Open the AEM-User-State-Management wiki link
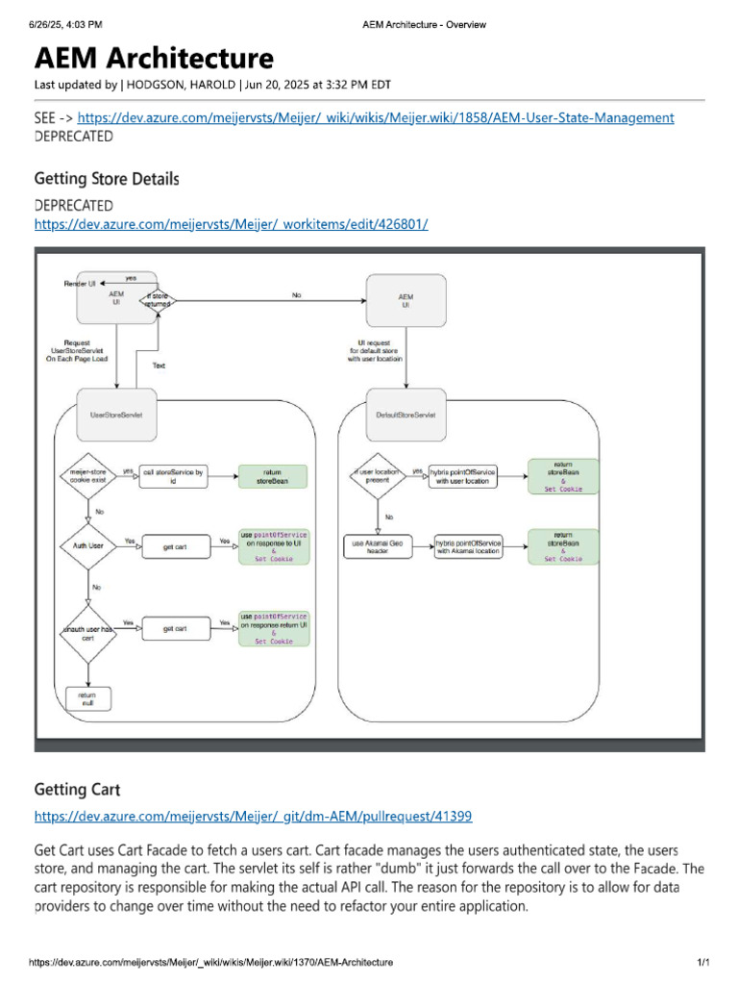tap(376, 117)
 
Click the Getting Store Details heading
tap(107, 179)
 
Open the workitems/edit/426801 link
tap(231, 224)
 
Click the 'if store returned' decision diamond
tap(159, 302)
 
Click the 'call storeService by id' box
tap(174, 475)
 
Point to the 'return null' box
tap(87, 699)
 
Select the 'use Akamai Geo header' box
tap(377, 547)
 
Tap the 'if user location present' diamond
tap(377, 475)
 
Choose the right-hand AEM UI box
tap(406, 300)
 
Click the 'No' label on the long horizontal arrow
tap(296, 295)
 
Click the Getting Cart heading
tap(77, 790)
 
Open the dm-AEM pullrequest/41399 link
tap(253, 817)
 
